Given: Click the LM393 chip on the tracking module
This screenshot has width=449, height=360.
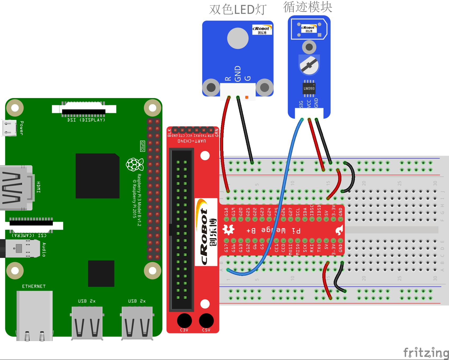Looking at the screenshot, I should click(309, 89).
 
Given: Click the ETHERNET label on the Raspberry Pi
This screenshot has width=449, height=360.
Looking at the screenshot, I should click(34, 286).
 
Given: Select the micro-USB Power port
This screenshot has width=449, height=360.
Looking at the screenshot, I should click(10, 128).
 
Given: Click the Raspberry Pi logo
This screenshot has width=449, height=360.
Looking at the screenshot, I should click(135, 164).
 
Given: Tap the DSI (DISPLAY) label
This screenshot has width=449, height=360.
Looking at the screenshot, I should click(86, 120).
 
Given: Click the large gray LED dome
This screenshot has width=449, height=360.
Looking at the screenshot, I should click(238, 38).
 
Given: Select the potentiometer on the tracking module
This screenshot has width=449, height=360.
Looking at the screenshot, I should click(309, 65).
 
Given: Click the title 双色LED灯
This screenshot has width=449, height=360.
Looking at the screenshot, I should click(238, 10).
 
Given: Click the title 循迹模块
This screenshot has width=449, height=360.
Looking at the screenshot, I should click(308, 7).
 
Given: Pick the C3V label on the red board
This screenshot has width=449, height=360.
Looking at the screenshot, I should click(184, 330).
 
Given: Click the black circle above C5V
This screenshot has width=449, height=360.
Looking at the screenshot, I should click(206, 320).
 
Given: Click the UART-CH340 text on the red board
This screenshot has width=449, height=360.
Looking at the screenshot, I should click(192, 141).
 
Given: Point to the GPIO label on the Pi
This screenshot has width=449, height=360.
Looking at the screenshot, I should click(142, 146).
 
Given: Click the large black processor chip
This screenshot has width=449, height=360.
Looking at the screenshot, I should click(97, 176).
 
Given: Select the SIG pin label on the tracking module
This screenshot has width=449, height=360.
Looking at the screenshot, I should click(301, 104).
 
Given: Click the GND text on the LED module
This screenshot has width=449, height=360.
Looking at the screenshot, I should click(238, 74).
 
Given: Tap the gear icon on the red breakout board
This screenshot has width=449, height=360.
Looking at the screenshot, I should click(228, 230).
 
